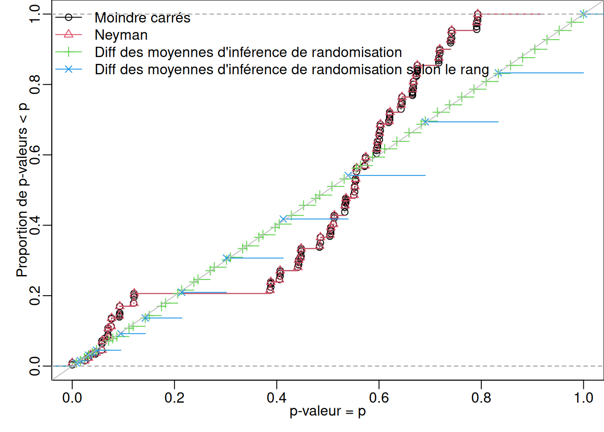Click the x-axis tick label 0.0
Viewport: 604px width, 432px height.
coord(72,398)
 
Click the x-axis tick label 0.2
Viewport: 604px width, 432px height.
coord(174,398)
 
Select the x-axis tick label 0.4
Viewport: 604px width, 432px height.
coord(276,398)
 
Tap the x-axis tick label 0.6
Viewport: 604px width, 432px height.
coord(379,398)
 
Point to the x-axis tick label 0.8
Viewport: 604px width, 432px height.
coord(481,398)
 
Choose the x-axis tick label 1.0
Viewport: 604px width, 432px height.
coord(583,398)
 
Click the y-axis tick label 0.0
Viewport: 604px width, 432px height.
coord(35,366)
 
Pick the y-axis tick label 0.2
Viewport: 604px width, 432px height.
coord(35,296)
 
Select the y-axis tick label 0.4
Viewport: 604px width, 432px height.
coord(35,225)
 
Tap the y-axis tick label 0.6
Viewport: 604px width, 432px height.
coord(35,155)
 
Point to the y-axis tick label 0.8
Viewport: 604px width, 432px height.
coord(35,85)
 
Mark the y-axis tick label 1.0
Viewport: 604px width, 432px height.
coord(35,14)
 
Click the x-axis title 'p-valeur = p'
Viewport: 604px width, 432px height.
coord(328,411)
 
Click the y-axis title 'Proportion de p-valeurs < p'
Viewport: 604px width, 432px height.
coord(22,190)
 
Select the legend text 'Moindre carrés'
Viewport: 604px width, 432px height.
coord(142,18)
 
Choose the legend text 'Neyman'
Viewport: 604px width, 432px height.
coord(121,35)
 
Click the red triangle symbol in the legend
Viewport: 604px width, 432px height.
coord(68,34)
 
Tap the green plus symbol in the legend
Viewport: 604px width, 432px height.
coord(68,52)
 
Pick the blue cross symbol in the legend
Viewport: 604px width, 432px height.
coord(68,69)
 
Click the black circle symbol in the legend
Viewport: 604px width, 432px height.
coord(68,17)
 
